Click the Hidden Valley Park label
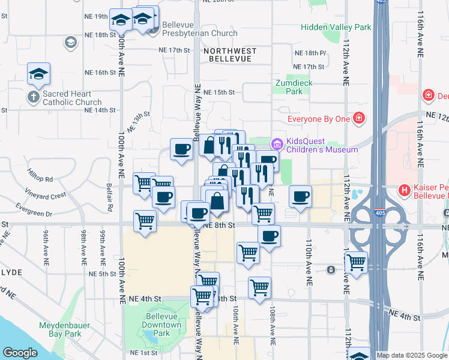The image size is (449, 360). click(x=336, y=27)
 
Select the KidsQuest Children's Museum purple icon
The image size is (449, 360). click(x=277, y=143)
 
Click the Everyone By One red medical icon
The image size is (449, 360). click(x=359, y=118)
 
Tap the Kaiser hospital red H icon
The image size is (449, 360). click(x=405, y=191)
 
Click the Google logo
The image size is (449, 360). click(x=20, y=353)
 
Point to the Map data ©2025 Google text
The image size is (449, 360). click(x=411, y=355)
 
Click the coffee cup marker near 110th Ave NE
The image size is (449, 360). click(x=300, y=196)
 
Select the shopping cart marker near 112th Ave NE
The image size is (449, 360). click(x=356, y=263)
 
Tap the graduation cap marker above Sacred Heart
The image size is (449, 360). click(x=39, y=73)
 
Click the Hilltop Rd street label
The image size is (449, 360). click(x=40, y=179)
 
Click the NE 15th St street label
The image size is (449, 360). click(x=218, y=92)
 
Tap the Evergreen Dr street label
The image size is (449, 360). click(x=35, y=213)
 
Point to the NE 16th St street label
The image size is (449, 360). click(x=100, y=73)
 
